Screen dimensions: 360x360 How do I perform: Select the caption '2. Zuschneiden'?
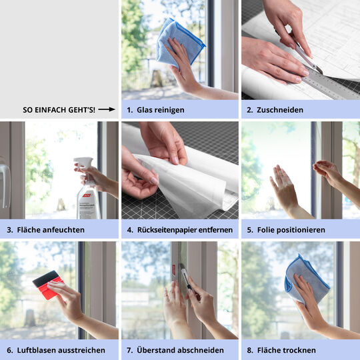[x=275, y=109]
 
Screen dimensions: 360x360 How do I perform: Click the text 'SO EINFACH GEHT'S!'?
[x=59, y=109]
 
